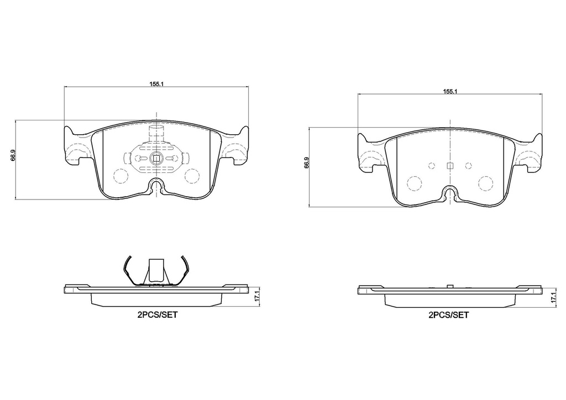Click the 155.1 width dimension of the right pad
point(450,91)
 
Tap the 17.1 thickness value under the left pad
point(258,296)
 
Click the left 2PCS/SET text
point(158,315)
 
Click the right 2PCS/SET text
point(449,315)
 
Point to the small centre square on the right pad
point(450,166)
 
